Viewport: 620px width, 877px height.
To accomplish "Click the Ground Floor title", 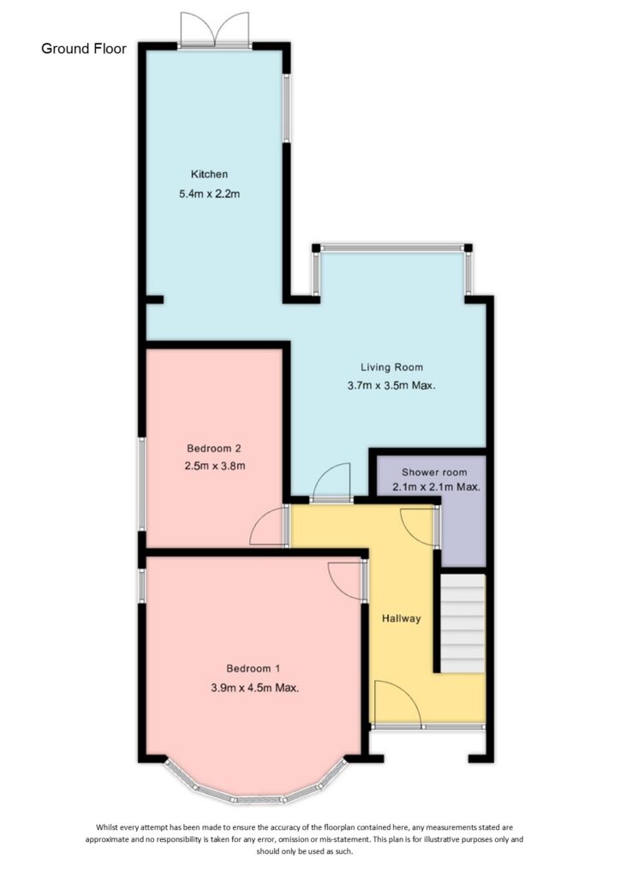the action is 84,49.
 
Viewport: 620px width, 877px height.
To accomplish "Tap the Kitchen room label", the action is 209,174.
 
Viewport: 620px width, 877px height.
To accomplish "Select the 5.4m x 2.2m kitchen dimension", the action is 209,194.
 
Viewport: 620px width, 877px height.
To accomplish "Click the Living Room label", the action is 391,367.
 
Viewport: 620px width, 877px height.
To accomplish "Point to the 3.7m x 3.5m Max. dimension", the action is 391,385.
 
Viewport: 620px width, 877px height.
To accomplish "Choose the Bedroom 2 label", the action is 213,448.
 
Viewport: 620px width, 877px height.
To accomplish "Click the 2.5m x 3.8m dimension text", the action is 215,465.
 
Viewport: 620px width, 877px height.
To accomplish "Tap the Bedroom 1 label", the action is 253,668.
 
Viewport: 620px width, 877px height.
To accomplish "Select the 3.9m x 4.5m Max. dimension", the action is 255,688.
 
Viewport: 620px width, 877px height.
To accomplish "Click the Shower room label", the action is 434,472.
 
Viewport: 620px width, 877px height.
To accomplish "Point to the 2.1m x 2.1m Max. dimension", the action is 436,487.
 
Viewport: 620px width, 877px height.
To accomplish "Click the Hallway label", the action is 401,618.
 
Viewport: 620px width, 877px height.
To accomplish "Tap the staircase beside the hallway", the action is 462,623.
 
